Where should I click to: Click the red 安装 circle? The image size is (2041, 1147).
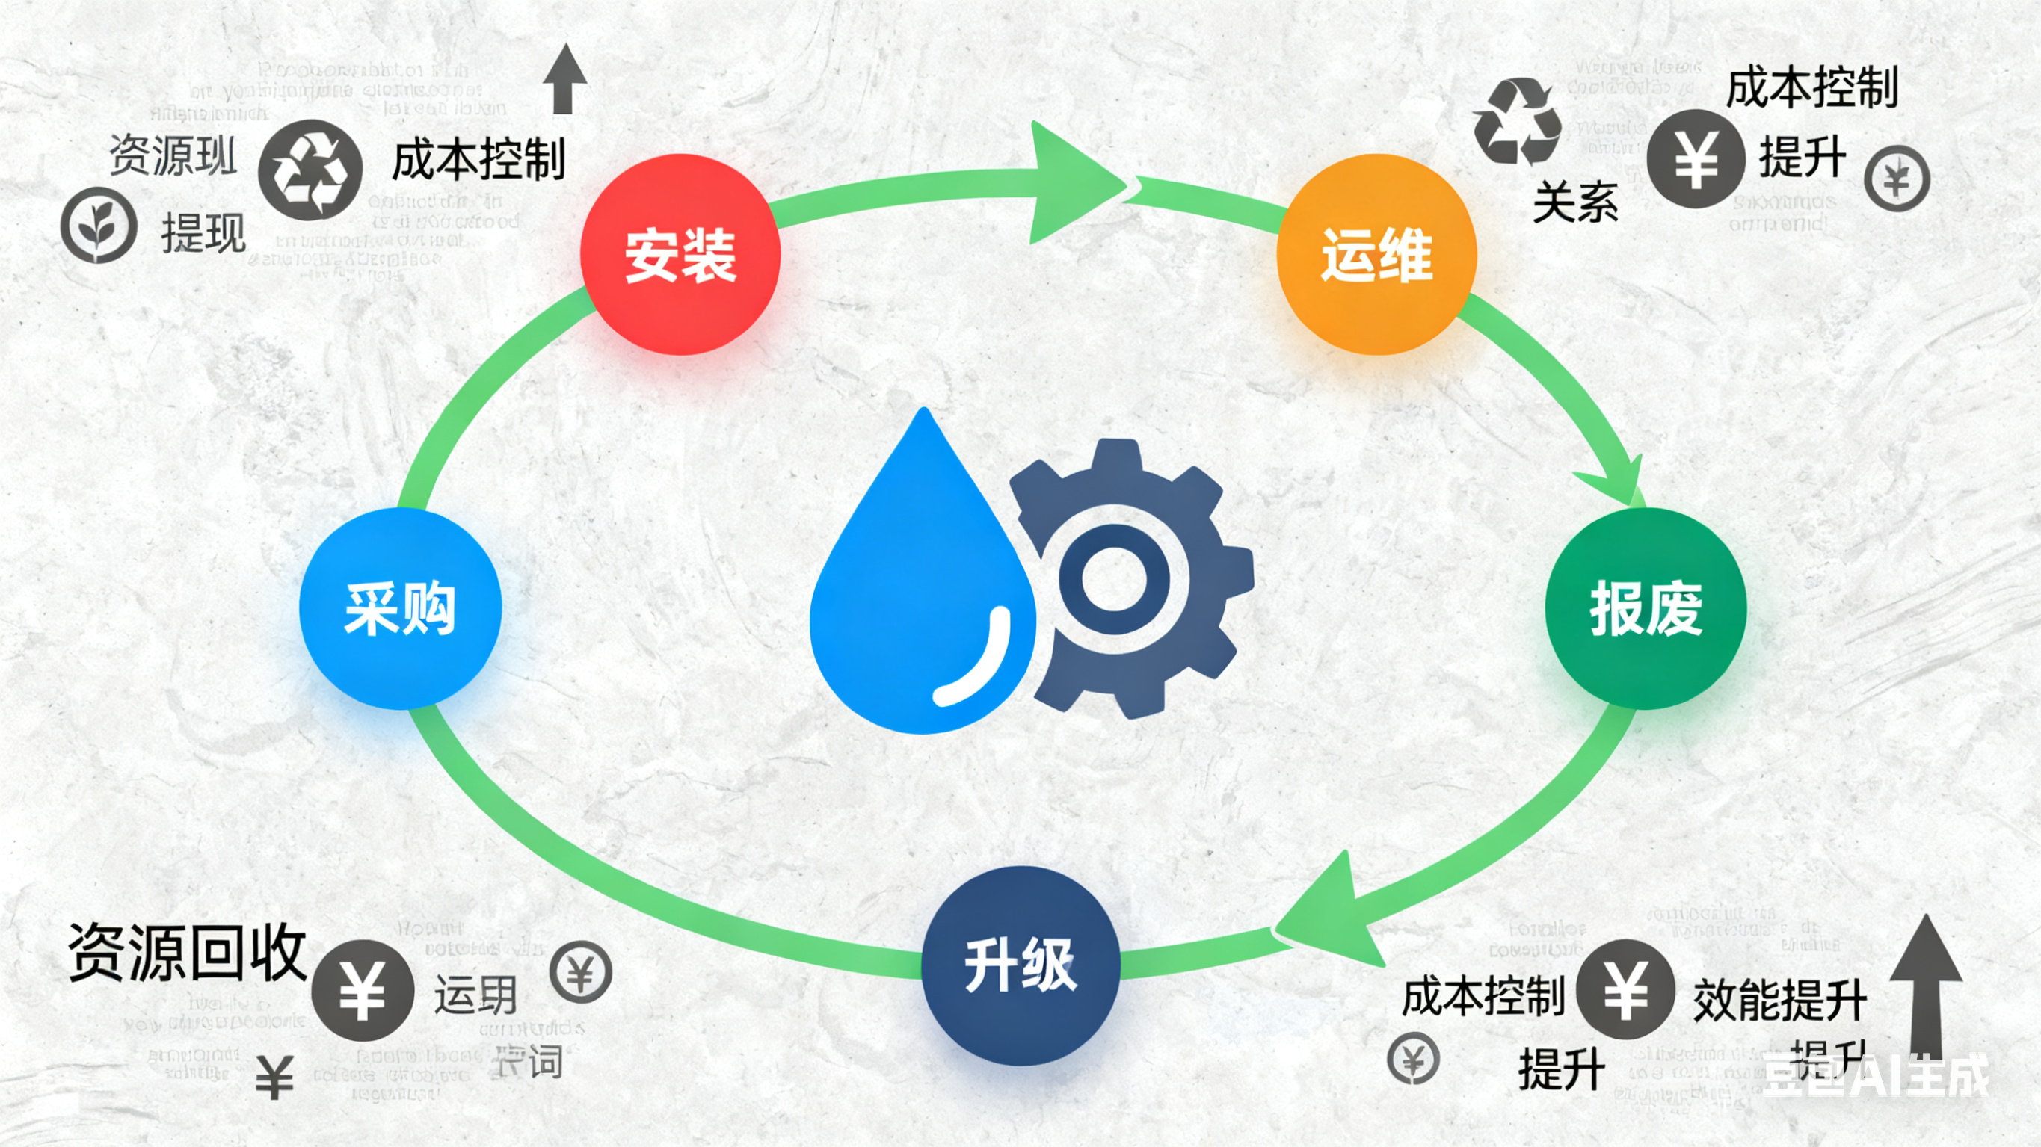pyautogui.click(x=680, y=254)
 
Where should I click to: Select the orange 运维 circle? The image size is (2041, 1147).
pyautogui.click(x=1376, y=254)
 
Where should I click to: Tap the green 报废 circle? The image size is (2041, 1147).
pyautogui.click(x=1646, y=608)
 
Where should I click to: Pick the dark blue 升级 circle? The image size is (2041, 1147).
pyautogui.click(x=1020, y=965)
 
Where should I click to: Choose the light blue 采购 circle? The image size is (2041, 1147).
pyautogui.click(x=400, y=608)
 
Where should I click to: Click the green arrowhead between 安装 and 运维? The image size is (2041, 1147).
pyautogui.click(x=1074, y=184)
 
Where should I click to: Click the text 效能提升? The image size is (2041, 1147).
pyautogui.click(x=1779, y=1001)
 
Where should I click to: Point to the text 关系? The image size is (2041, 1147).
pyautogui.click(x=1575, y=202)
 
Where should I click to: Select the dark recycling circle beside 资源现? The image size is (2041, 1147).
pyautogui.click(x=310, y=170)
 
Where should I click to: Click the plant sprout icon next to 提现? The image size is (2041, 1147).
pyautogui.click(x=99, y=225)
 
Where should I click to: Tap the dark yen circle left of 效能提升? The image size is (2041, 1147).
pyautogui.click(x=1625, y=989)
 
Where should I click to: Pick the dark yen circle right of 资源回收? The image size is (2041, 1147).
pyautogui.click(x=362, y=990)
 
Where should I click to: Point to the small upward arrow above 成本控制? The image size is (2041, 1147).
pyautogui.click(x=564, y=79)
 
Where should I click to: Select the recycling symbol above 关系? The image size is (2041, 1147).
pyautogui.click(x=1517, y=121)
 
